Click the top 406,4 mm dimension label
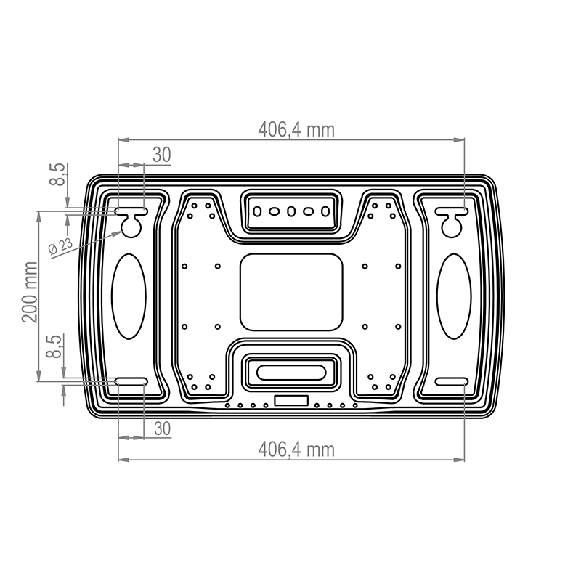pos(296,130)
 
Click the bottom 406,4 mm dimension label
pos(296,450)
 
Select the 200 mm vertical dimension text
pos(30,293)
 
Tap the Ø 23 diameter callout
pos(61,246)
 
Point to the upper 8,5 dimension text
pos(58,174)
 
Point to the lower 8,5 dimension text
pos(54,346)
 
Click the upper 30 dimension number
pos(161,155)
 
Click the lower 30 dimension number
pos(162,428)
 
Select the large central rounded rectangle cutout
pos(291,292)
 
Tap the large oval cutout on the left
pos(129,296)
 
